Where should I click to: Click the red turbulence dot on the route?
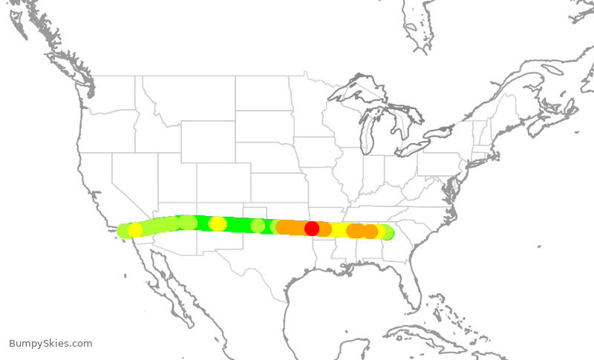[x=312, y=228]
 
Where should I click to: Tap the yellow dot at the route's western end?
[x=134, y=230]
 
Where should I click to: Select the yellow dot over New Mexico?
[x=218, y=223]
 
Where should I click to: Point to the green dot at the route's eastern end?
[x=387, y=233]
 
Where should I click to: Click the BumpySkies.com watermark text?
[x=50, y=343]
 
